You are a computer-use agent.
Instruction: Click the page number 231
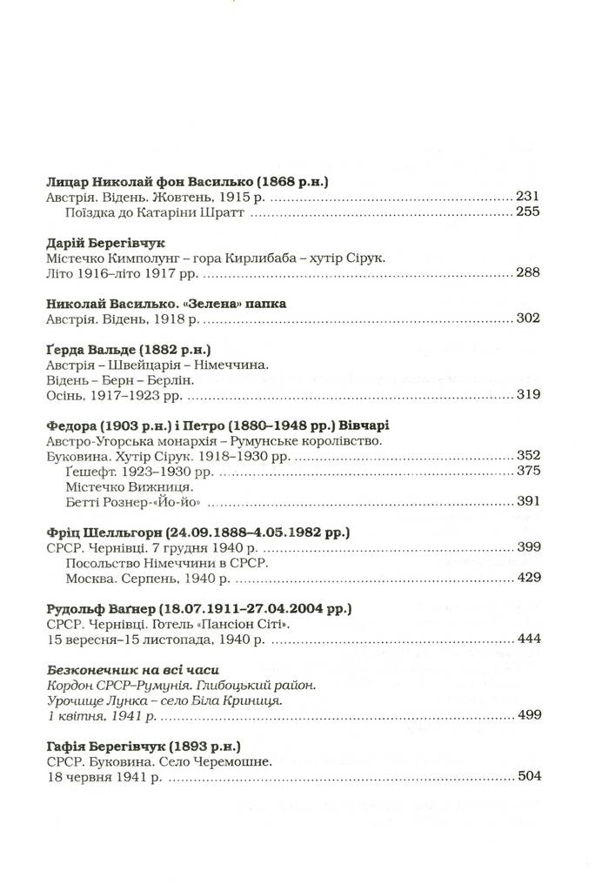[528, 198]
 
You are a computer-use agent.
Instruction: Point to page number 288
[528, 273]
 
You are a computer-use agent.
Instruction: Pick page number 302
[528, 318]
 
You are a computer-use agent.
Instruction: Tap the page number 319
[528, 396]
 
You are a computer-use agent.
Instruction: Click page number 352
[528, 456]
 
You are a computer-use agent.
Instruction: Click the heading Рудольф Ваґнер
[97, 606]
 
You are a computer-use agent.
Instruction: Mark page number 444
[528, 638]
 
